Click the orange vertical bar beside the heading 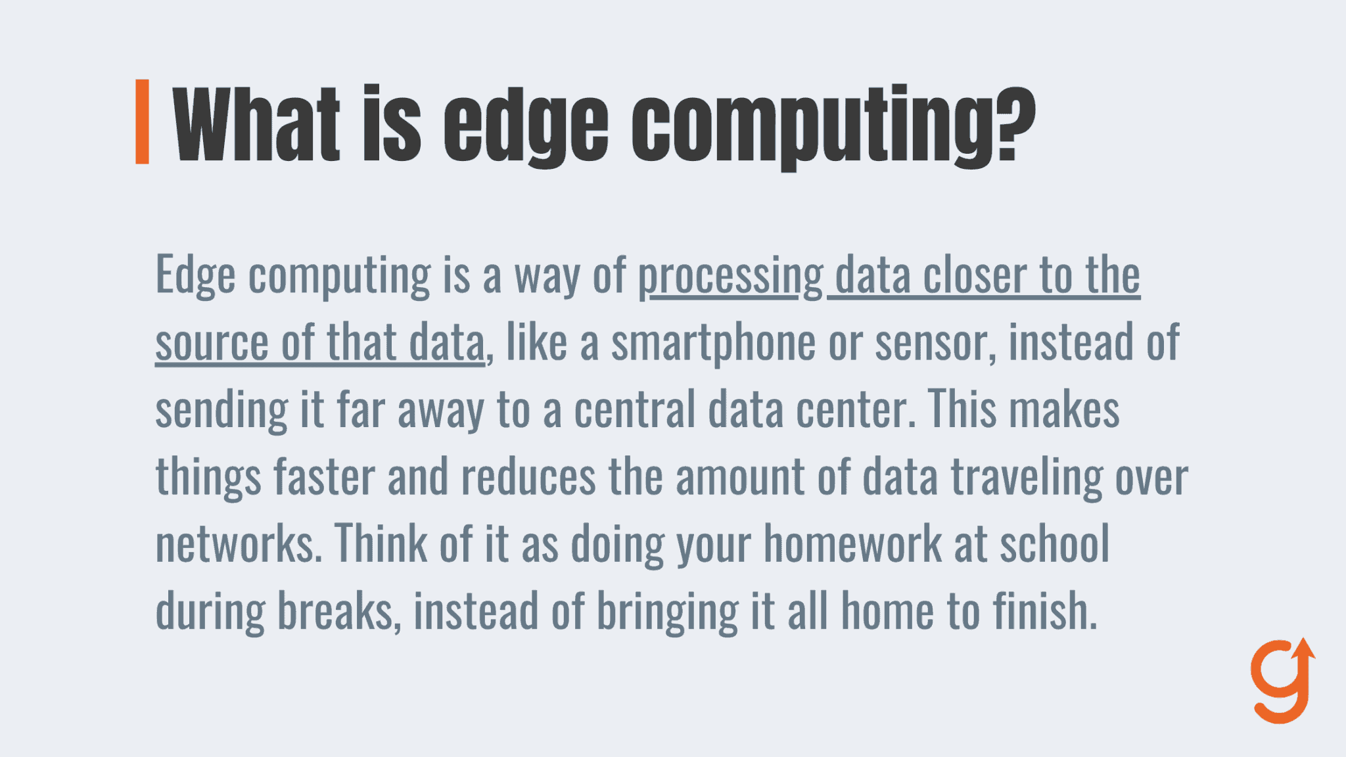click(x=142, y=122)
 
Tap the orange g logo click(x=1282, y=680)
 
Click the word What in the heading click(x=256, y=123)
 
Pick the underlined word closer click(x=975, y=275)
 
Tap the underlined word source click(x=212, y=343)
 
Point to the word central click(x=634, y=409)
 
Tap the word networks click(x=239, y=544)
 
